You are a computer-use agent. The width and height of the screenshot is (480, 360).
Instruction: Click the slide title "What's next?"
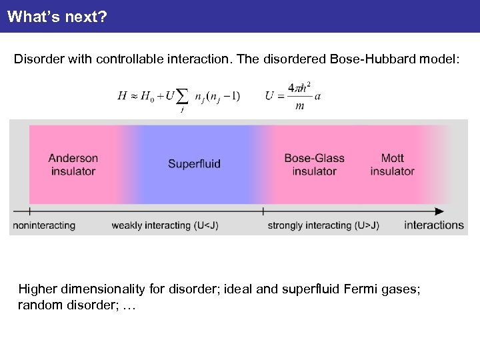click(57, 16)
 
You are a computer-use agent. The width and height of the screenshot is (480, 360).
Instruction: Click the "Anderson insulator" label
click(73, 165)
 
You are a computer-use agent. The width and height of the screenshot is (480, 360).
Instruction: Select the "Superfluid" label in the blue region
click(194, 164)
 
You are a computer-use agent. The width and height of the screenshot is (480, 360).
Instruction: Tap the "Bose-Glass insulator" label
click(314, 165)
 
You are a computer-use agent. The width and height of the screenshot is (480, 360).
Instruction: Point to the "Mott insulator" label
click(392, 165)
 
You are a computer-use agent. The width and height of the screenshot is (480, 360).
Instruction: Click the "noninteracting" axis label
click(44, 225)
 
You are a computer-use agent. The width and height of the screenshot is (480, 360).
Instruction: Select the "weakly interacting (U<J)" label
click(165, 225)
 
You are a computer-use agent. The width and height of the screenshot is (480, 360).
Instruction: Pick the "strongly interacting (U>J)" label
click(323, 225)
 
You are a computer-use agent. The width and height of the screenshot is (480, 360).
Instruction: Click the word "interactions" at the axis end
click(433, 225)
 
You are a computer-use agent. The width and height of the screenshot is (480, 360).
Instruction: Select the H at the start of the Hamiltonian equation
click(122, 96)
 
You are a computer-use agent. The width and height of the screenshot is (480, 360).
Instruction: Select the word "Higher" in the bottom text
click(37, 289)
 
